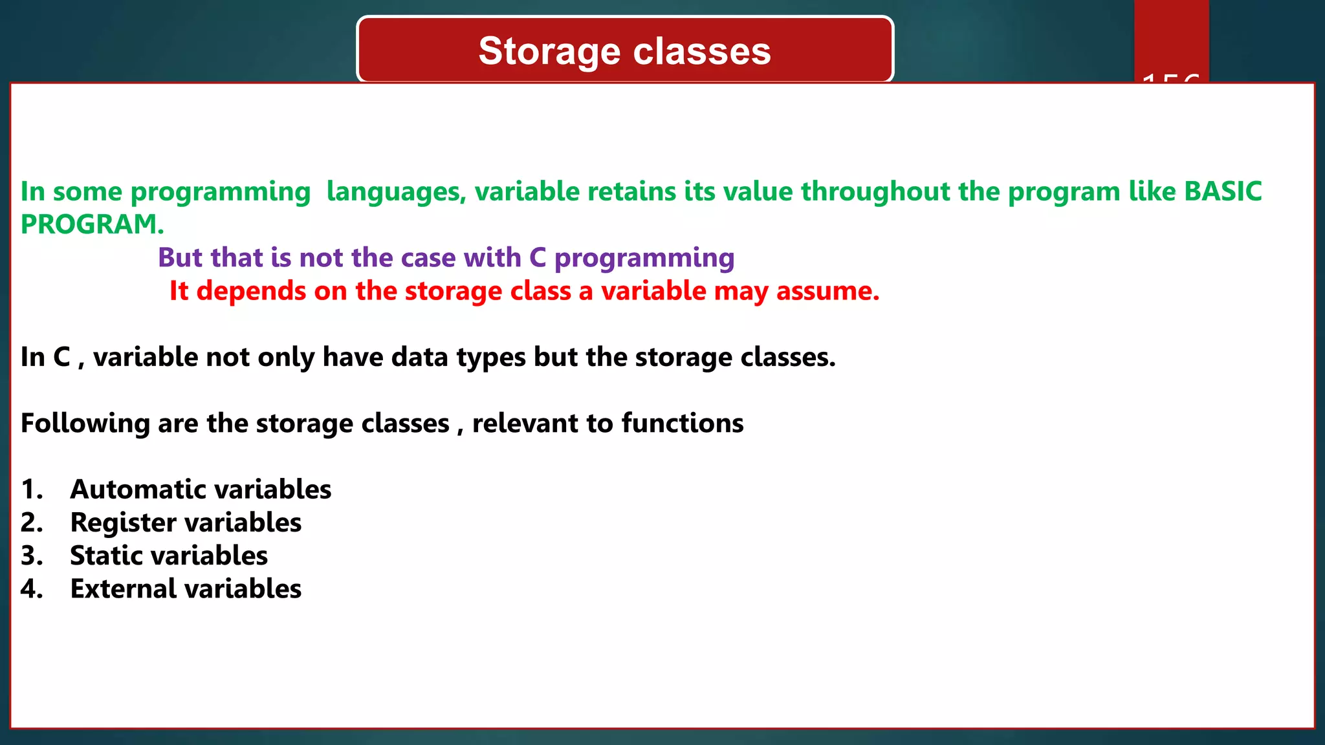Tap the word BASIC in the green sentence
(1223, 191)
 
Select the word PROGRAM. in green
(92, 224)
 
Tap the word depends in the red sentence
(251, 292)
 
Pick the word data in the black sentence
(419, 357)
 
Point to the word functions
(683, 423)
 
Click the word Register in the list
(124, 523)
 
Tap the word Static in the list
(105, 556)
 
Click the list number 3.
(31, 556)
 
